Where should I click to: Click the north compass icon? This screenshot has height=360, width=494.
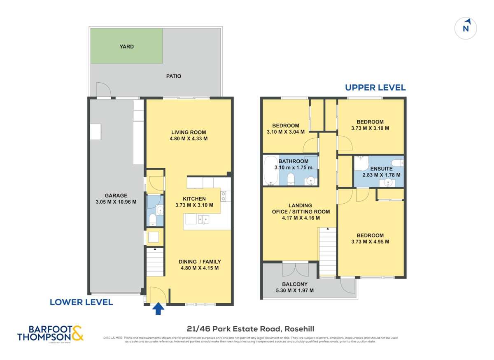(466, 28)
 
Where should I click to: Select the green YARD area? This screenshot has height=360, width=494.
(126, 46)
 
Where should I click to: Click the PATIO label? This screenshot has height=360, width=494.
(173, 76)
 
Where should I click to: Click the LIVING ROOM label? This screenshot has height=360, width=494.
(189, 132)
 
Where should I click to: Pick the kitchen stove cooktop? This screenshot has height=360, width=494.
(223, 196)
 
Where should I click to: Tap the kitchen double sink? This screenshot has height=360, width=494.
(203, 219)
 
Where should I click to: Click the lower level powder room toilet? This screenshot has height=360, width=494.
(151, 218)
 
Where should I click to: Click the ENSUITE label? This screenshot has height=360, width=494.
(381, 168)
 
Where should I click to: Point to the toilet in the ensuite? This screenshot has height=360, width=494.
(397, 162)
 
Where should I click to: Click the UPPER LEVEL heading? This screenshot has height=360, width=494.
(375, 88)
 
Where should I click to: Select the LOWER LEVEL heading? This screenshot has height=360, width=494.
(81, 302)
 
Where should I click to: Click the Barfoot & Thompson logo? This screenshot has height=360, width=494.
(50, 333)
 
